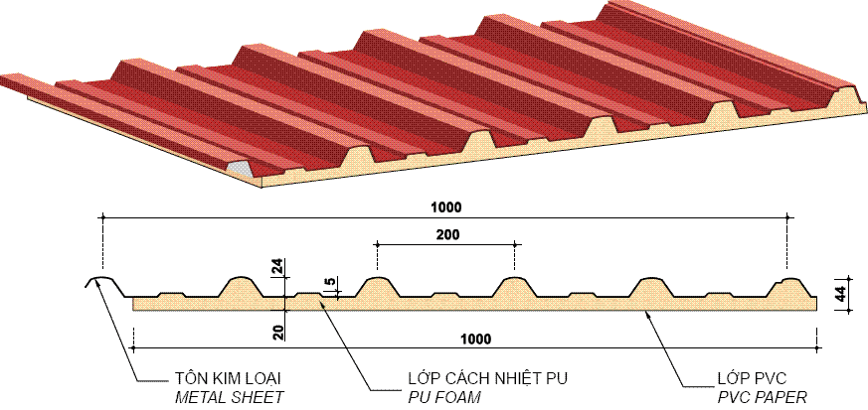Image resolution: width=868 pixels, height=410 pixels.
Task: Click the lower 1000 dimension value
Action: point(476,339)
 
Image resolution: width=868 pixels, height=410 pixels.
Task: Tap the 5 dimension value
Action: point(329,284)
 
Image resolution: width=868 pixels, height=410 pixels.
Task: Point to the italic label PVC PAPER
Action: point(762,397)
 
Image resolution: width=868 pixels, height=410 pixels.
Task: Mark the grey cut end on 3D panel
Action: point(239,168)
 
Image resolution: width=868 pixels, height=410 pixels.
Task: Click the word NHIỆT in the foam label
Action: point(511,379)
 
